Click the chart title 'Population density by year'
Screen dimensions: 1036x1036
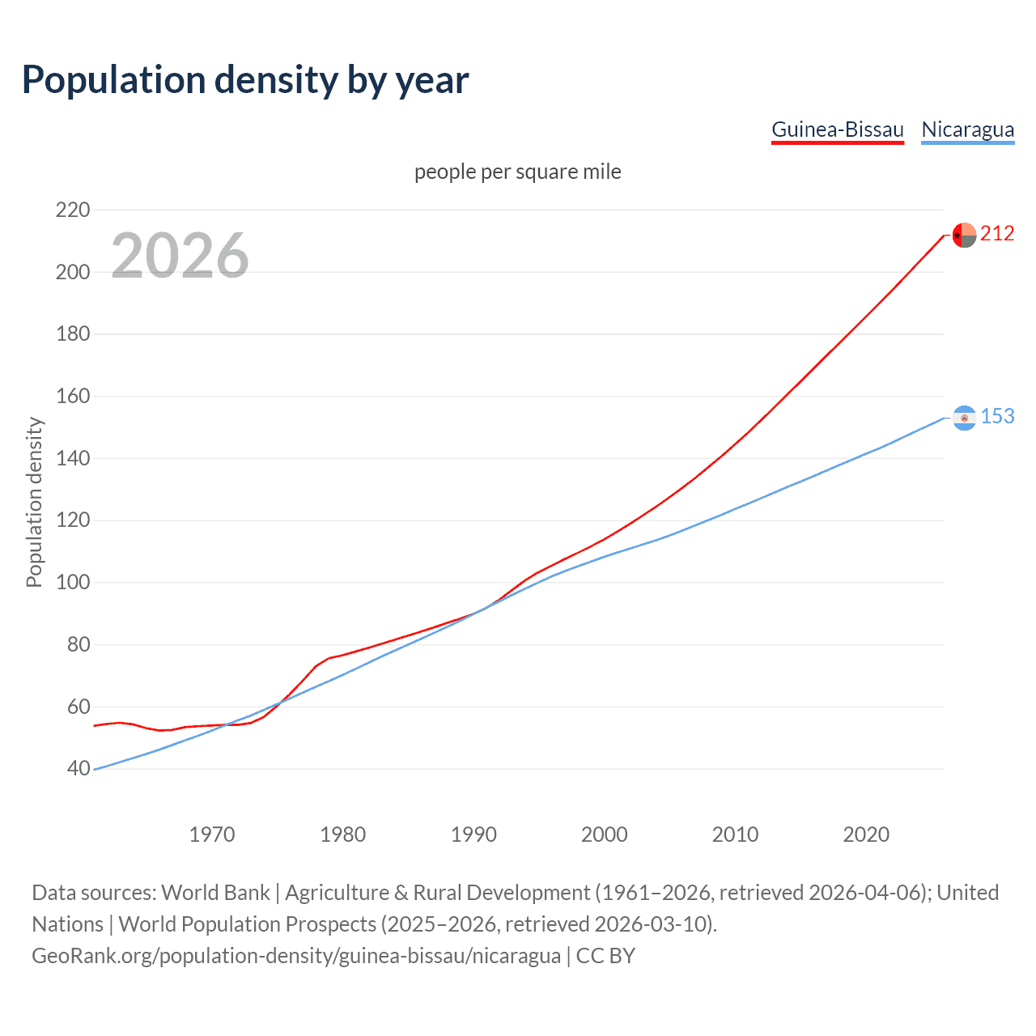(245, 80)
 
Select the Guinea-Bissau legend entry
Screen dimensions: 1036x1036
(837, 129)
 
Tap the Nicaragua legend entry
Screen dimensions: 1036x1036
(967, 129)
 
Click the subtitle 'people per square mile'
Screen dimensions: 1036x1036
(517, 172)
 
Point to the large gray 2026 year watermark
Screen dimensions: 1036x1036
(180, 256)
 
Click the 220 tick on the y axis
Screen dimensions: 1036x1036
(73, 210)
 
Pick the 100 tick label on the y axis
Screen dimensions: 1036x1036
(73, 583)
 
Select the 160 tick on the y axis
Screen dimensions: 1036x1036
(73, 397)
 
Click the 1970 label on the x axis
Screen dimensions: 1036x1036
(212, 834)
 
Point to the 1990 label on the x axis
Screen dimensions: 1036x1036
(473, 834)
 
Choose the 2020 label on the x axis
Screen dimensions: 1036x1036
(866, 834)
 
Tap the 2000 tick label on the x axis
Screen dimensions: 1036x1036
(605, 834)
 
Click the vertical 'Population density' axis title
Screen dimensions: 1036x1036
(34, 502)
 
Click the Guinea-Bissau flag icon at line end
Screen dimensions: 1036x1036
(964, 235)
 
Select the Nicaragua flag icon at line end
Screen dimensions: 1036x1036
(964, 418)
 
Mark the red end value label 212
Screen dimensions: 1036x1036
(997, 234)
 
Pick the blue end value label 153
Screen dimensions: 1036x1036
(997, 417)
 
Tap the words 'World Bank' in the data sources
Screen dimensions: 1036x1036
(215, 893)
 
